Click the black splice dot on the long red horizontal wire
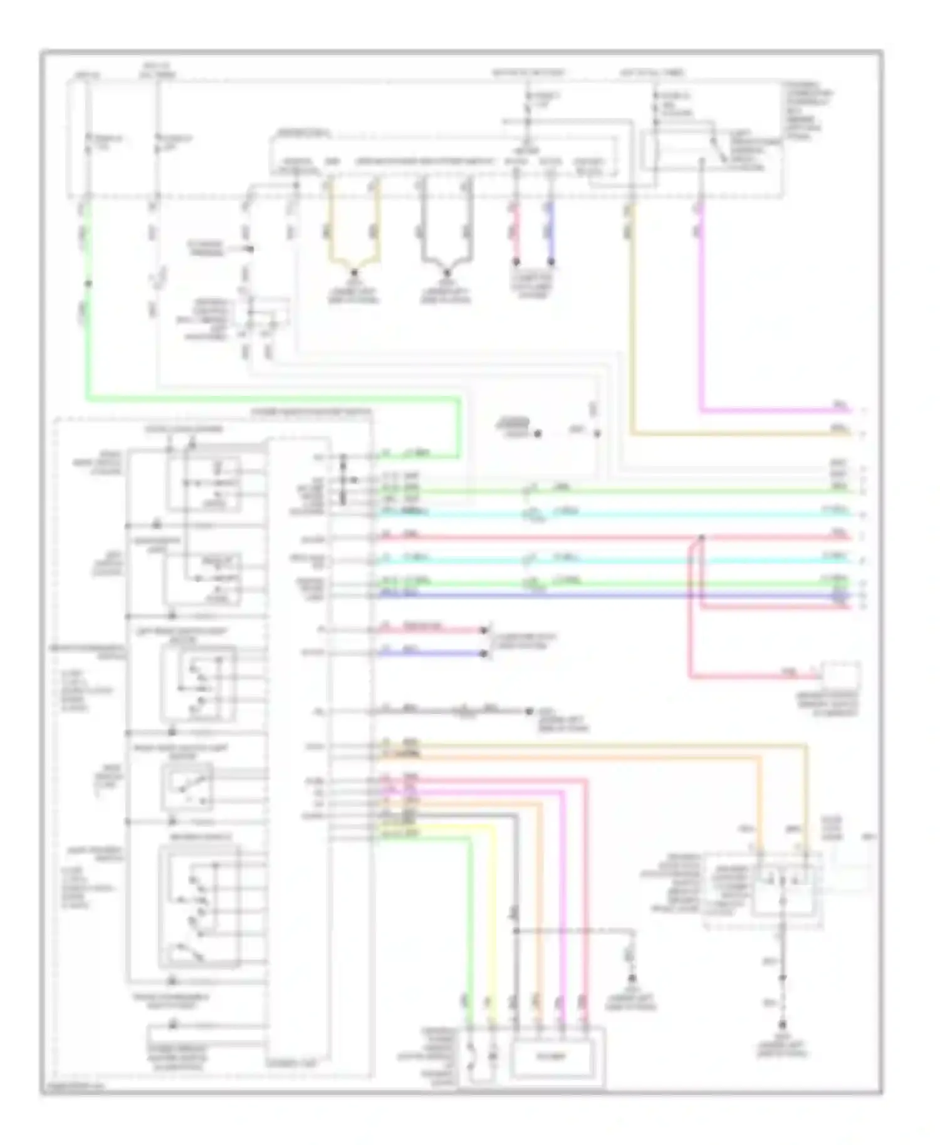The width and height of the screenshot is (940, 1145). [701, 537]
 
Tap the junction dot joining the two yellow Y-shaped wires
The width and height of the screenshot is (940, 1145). [353, 272]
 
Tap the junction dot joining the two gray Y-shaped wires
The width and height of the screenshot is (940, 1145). [446, 272]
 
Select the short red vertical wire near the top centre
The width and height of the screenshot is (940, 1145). [516, 232]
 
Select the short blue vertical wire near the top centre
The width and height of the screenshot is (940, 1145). [551, 232]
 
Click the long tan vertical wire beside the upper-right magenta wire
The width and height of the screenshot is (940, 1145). [632, 313]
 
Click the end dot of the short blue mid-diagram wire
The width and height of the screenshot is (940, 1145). [484, 653]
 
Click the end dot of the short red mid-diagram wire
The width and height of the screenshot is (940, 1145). [484, 629]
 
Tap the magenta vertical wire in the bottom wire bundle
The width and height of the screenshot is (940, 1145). [563, 908]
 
